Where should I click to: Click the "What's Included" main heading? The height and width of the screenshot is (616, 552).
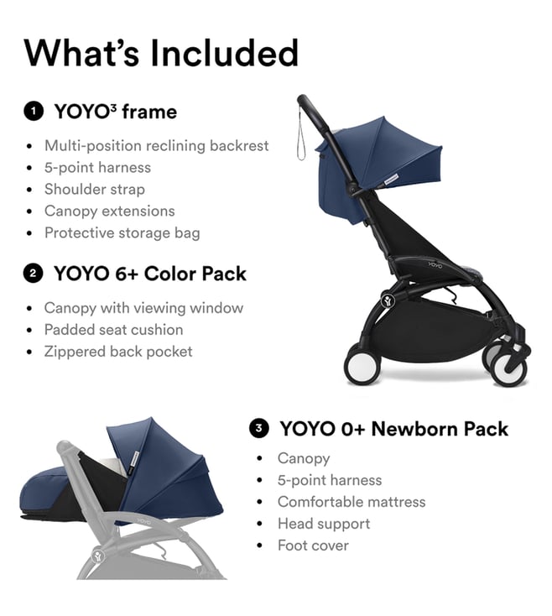click(161, 53)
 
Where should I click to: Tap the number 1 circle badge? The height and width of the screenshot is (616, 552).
click(34, 111)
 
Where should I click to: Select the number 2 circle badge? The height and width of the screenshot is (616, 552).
click(33, 274)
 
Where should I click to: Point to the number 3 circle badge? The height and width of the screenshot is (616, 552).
click(258, 428)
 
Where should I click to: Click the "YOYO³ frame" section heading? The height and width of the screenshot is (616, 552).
click(116, 112)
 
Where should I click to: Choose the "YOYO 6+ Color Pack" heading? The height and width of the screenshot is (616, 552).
click(150, 274)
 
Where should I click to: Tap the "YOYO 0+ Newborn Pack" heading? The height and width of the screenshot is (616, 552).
click(393, 428)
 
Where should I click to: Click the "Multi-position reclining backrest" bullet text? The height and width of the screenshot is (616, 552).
click(157, 146)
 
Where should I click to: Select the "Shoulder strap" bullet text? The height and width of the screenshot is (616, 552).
click(95, 190)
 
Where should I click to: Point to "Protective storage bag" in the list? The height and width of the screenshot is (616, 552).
click(122, 233)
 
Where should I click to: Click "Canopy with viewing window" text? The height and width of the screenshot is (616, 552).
click(143, 308)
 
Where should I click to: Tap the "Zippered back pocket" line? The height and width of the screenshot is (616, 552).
click(118, 352)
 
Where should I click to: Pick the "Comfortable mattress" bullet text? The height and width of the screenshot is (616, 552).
click(352, 502)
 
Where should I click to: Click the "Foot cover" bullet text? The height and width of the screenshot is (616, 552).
click(313, 546)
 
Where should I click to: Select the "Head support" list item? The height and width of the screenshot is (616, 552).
click(324, 524)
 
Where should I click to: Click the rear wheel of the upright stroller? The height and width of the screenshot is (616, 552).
click(362, 364)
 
